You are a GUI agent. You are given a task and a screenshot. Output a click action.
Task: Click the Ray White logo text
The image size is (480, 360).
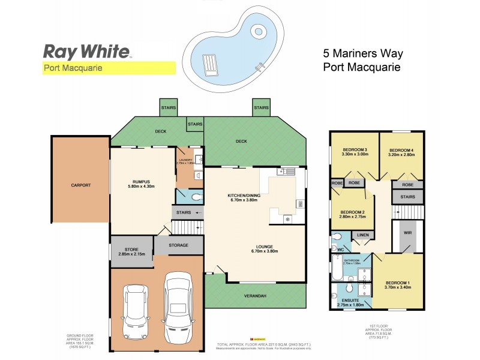[x=87, y=50]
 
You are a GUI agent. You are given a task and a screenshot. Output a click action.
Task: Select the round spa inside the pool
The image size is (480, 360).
[x=259, y=31]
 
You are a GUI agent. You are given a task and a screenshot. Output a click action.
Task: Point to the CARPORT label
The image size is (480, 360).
[x=80, y=185]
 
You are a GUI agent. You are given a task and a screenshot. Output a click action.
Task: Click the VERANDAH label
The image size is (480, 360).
[x=256, y=296]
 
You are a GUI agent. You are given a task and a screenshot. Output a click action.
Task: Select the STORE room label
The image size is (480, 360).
[x=131, y=250]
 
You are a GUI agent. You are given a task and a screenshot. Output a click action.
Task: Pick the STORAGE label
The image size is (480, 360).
[x=178, y=245]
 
